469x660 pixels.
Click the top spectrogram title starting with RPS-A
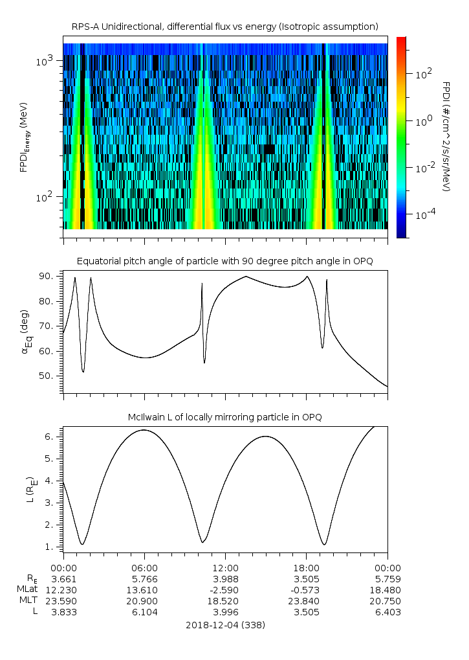click(x=224, y=27)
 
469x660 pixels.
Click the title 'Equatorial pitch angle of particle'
click(x=224, y=261)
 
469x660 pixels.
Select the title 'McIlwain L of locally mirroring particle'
click(x=224, y=417)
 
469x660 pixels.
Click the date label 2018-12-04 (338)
click(x=225, y=625)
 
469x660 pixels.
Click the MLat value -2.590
click(x=225, y=589)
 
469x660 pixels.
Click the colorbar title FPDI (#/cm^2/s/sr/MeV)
click(x=446, y=137)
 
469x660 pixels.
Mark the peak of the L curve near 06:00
click(x=144, y=430)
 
